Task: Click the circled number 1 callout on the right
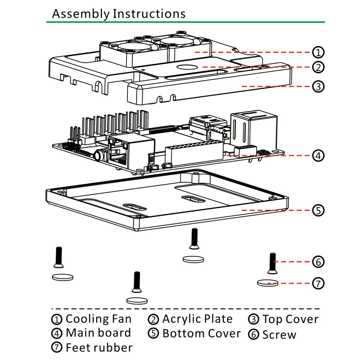318,52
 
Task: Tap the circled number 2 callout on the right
318,67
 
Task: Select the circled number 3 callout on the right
318,86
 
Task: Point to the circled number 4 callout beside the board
318,156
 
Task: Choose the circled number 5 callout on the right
318,210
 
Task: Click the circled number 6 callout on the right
318,262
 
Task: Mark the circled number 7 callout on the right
318,283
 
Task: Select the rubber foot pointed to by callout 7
268,283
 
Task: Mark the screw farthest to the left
59,257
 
